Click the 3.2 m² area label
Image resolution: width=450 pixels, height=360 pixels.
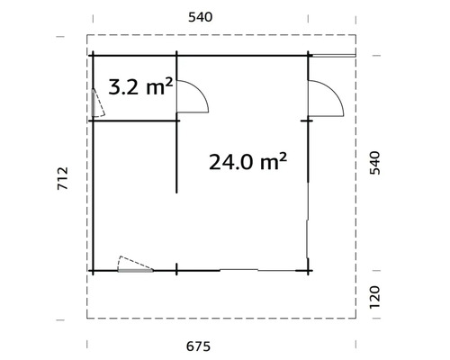tap(140, 87)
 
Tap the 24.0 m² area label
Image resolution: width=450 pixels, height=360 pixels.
tap(247, 161)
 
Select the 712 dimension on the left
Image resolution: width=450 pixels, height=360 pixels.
tap(61, 180)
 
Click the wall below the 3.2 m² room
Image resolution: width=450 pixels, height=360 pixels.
tap(135, 120)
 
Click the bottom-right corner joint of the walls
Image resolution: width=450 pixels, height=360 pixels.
tap(309, 269)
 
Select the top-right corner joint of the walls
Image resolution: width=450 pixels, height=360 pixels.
tap(309, 55)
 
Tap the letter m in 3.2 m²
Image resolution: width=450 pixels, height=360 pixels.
tap(153, 88)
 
